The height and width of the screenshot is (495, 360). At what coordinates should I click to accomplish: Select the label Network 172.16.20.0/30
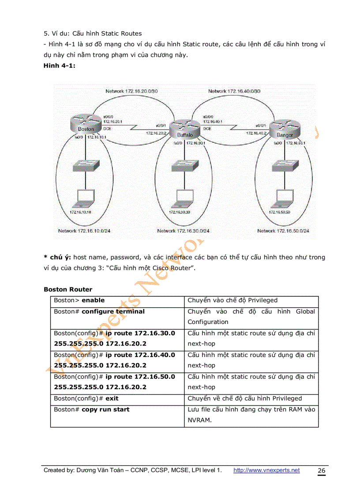point(131,91)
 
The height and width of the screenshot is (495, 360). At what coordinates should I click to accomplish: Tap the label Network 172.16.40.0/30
point(235,91)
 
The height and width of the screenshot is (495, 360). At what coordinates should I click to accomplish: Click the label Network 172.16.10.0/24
point(84,231)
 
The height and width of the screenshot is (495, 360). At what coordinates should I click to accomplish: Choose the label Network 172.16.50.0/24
point(283,231)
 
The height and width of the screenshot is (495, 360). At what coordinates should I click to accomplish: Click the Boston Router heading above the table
point(68,290)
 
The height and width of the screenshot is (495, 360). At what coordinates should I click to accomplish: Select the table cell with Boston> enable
point(117,301)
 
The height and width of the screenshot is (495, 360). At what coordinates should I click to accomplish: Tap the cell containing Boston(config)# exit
point(117,398)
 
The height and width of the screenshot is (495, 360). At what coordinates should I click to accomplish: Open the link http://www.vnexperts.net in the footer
point(266,470)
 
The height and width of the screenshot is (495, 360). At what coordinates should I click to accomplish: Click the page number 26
point(322,471)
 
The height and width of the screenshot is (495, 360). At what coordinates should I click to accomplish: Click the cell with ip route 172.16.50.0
point(117,382)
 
